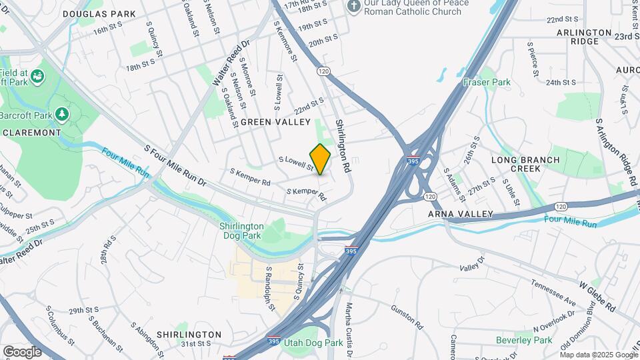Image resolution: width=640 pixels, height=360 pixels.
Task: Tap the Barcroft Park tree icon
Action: pos(62,115)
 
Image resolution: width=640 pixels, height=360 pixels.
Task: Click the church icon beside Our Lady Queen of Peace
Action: pos(354,6)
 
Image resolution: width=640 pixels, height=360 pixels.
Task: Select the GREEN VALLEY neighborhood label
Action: pos(276,122)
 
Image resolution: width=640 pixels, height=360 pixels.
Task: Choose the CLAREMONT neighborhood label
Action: pos(32,133)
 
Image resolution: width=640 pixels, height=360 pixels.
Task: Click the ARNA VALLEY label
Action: pos(461,214)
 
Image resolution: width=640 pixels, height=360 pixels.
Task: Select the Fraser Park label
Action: pos(487,83)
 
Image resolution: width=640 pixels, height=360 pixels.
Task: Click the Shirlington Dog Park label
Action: pos(241,231)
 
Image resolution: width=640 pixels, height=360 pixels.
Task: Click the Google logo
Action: pos(22,351)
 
